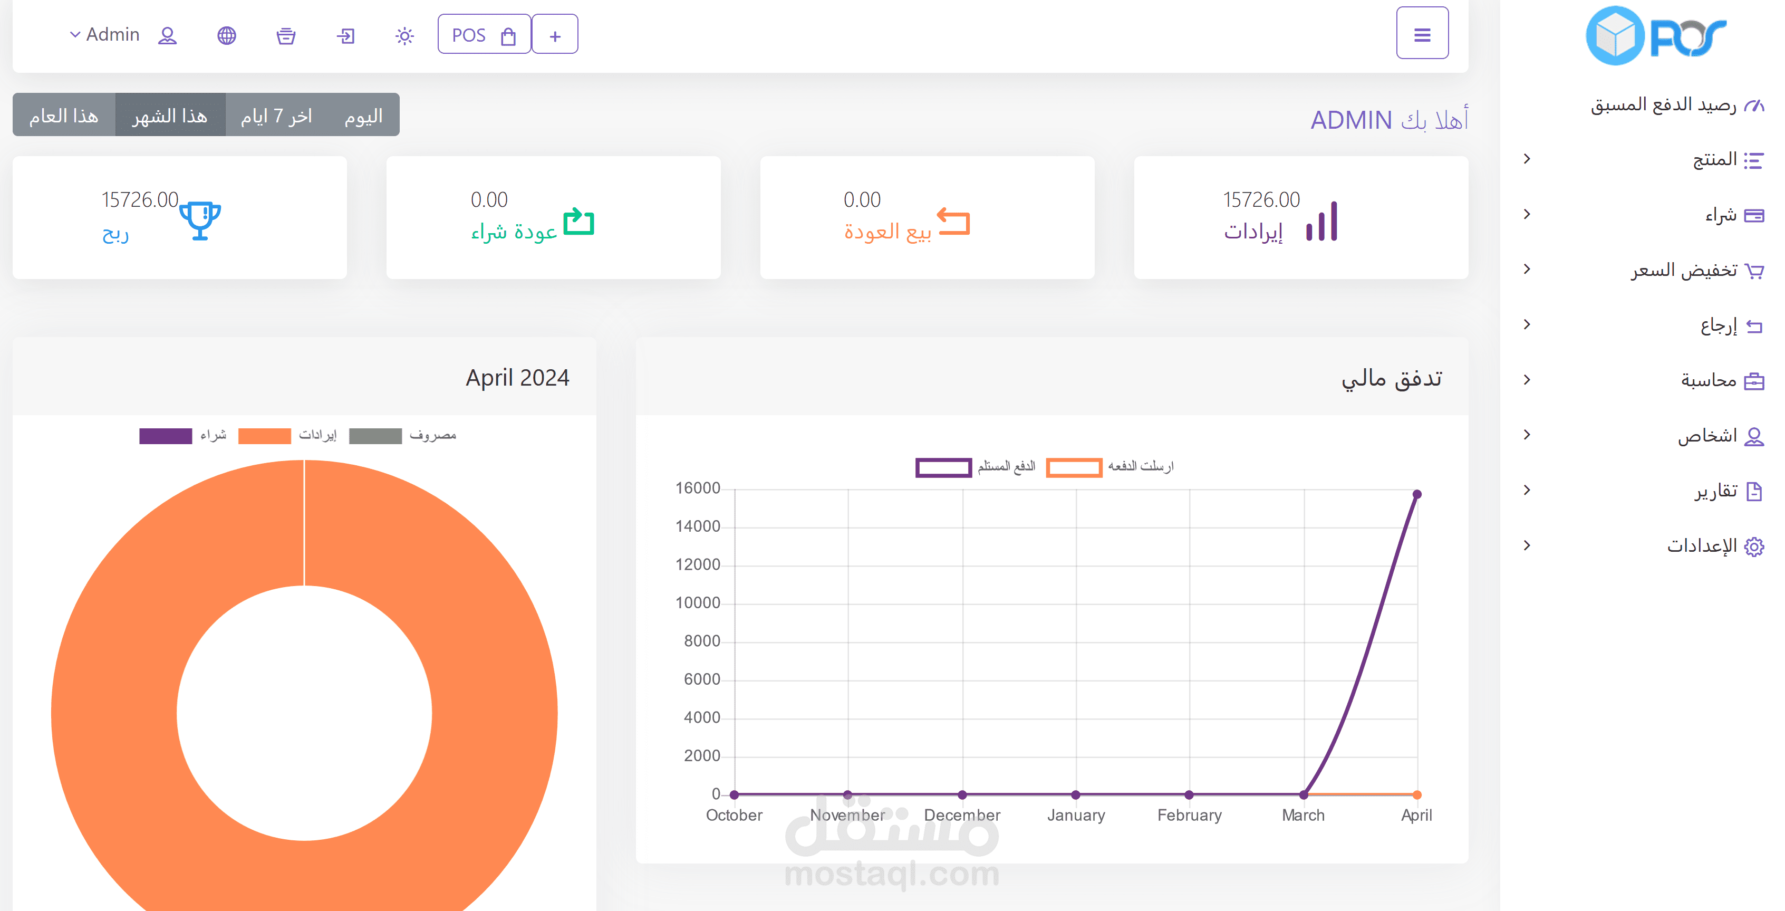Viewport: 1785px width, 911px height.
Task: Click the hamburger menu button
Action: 1422,33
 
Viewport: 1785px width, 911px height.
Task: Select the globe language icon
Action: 227,35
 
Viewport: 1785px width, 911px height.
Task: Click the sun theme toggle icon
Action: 404,35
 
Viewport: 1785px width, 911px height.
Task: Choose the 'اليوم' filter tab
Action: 364,115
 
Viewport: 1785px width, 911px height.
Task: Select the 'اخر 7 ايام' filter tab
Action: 276,115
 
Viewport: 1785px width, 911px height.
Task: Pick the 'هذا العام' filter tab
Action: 64,115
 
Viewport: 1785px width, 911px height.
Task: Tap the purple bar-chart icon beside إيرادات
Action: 1321,221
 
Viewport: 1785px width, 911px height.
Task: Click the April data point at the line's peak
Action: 1417,494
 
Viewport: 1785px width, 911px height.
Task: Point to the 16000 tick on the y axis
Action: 698,488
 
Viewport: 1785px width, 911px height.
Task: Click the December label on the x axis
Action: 962,816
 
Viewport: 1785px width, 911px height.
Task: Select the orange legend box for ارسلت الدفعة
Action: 1073,467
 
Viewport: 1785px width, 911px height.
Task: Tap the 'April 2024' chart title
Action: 517,378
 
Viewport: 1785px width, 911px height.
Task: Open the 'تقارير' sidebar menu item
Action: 1716,491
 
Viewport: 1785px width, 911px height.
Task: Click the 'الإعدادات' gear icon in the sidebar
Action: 1754,546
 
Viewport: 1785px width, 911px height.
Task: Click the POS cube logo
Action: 1615,35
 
